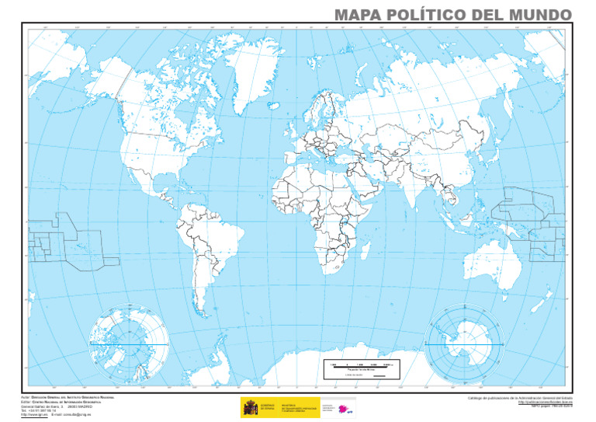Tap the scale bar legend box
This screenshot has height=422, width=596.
362,369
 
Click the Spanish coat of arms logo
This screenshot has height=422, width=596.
251,407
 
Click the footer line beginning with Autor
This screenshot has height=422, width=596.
71,396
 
